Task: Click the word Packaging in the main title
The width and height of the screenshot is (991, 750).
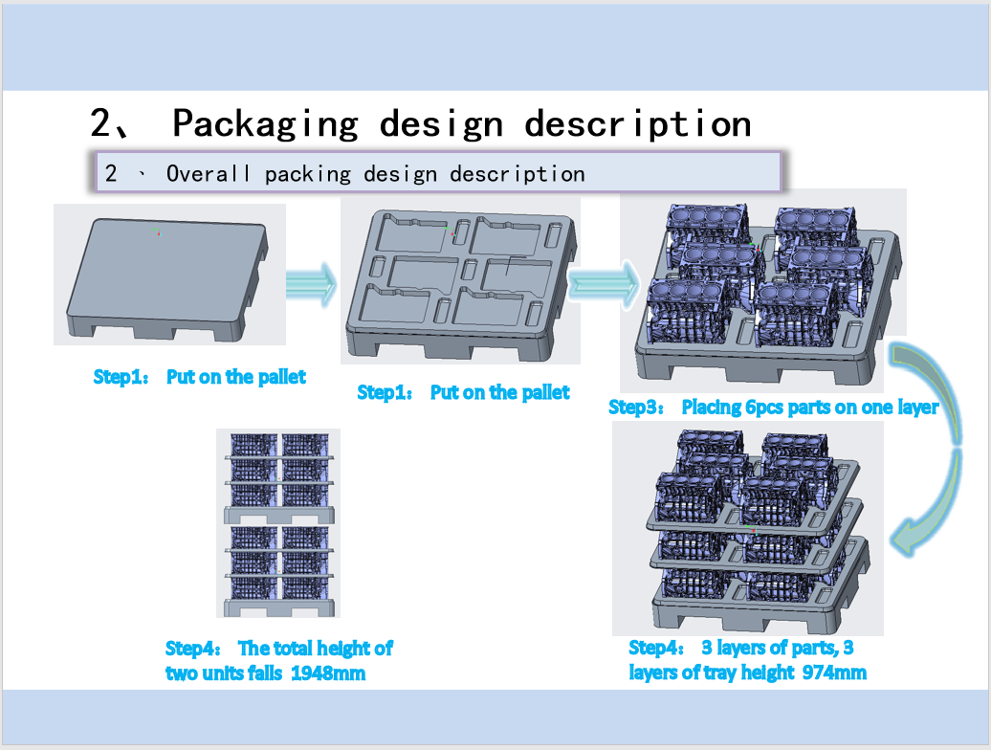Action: [x=265, y=123]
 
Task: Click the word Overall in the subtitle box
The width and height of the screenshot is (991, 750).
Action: [x=208, y=174]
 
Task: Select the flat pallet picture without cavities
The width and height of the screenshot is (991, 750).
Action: [x=169, y=275]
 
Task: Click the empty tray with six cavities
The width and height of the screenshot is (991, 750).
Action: [x=461, y=284]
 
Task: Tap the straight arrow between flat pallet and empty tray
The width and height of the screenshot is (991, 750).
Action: [x=312, y=283]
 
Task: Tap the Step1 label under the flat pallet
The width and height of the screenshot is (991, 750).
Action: [x=120, y=377]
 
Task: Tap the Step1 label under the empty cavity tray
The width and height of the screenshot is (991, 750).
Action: [x=384, y=392]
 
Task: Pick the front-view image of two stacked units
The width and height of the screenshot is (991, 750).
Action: [x=277, y=522]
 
